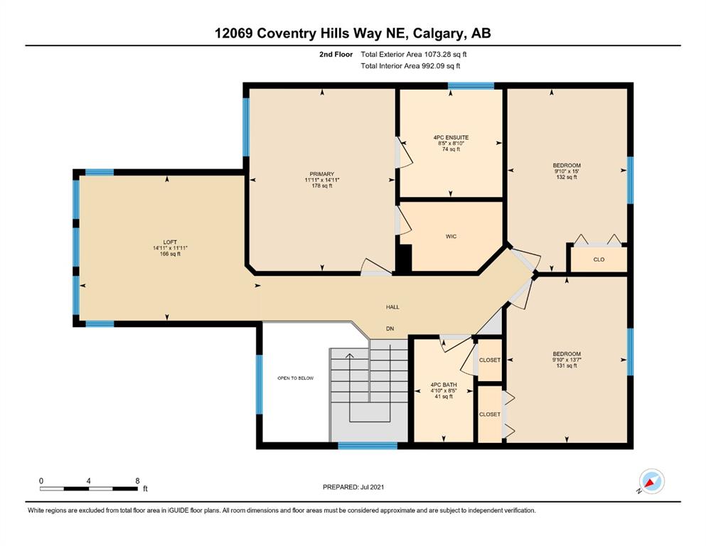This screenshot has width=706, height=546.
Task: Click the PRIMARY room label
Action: (322, 173)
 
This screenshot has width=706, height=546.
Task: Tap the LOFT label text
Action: (170, 242)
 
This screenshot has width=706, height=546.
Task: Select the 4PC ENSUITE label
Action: (451, 137)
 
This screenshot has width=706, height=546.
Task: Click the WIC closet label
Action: (451, 236)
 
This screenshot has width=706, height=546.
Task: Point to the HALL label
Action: (392, 307)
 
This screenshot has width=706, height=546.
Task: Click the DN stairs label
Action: (390, 328)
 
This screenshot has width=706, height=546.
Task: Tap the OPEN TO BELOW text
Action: (295, 378)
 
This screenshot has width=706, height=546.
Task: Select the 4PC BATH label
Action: (444, 385)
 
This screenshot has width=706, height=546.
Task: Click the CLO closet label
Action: (599, 259)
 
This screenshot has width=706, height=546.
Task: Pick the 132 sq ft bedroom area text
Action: (567, 177)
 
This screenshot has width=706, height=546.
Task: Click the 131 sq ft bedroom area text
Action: (567, 365)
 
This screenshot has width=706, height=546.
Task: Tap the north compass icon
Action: (651, 481)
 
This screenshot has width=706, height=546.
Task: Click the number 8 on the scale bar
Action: (137, 481)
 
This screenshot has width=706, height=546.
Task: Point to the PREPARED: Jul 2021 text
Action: (353, 487)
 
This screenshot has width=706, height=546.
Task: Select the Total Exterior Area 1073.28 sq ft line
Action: (413, 55)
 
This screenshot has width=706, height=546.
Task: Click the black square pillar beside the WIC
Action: (404, 258)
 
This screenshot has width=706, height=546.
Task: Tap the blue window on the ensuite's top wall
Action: (471, 86)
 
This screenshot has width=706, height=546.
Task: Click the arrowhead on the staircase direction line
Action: (349, 356)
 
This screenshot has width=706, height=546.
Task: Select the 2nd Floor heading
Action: (336, 55)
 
